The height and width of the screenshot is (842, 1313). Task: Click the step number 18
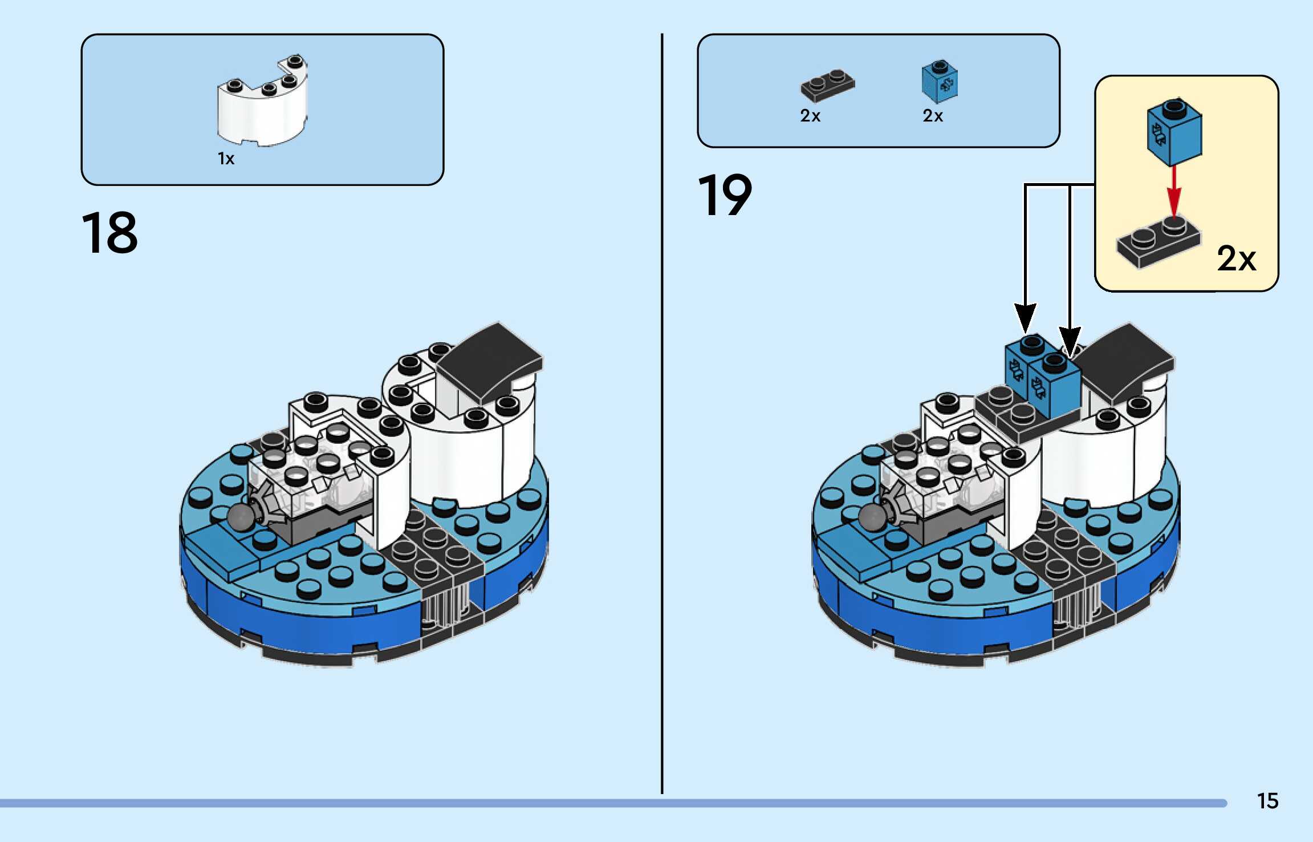tap(109, 233)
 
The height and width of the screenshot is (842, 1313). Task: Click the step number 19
tap(725, 196)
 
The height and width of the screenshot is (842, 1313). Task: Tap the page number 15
tap(1267, 801)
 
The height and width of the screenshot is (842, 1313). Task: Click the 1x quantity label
tap(226, 159)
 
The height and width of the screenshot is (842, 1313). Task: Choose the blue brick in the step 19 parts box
tap(940, 82)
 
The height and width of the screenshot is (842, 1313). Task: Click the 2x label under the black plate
tap(810, 116)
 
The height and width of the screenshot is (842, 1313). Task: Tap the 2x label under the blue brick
tap(933, 116)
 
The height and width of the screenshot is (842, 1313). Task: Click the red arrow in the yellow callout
tap(1173, 191)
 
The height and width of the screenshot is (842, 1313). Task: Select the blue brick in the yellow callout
tap(1174, 132)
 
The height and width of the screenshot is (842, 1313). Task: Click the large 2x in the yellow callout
tap(1236, 258)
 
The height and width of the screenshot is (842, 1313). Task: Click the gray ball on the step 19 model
tap(873, 517)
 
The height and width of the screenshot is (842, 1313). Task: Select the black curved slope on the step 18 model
tap(491, 359)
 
